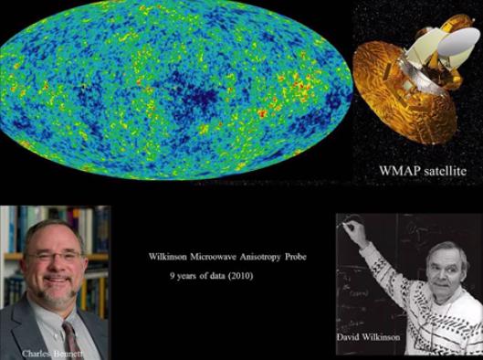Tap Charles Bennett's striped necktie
[69, 329]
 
